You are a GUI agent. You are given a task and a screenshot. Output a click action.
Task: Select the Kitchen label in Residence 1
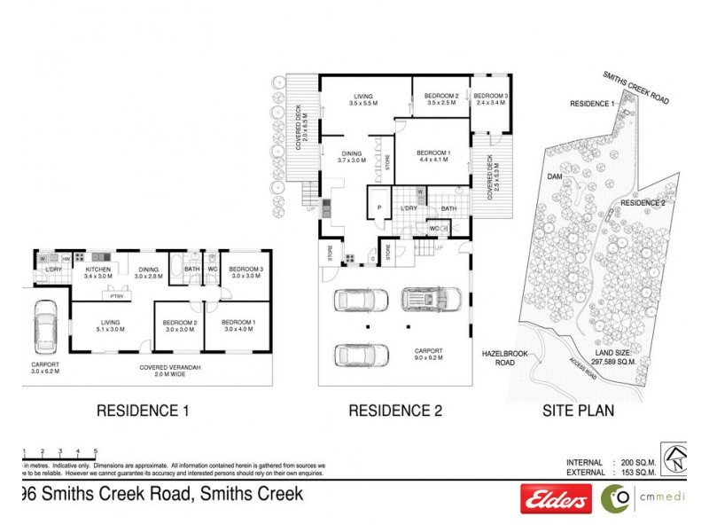point(97,271)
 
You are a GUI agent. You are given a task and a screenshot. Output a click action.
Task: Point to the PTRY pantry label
point(115,297)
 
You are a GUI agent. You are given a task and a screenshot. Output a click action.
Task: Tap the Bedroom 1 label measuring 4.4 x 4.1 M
point(434,157)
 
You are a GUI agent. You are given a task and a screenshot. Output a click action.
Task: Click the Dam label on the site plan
point(555,176)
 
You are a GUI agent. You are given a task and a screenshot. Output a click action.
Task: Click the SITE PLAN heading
point(578,411)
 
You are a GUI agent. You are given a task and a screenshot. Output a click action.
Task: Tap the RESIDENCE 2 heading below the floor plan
point(395,411)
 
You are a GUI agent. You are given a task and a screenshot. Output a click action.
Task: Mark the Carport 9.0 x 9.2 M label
point(428,355)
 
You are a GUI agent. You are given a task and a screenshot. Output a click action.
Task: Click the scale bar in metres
point(58,452)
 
